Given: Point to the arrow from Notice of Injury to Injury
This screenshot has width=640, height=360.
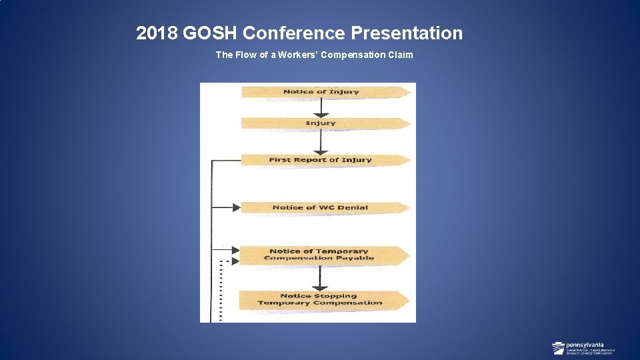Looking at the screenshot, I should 321,107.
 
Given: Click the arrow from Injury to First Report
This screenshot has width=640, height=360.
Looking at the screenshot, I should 321,141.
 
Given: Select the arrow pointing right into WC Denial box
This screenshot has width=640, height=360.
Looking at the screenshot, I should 227,207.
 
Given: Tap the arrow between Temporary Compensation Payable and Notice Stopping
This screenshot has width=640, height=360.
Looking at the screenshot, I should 321,277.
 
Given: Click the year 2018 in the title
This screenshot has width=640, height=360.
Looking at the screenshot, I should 156,33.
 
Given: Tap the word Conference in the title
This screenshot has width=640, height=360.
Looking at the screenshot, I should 294,33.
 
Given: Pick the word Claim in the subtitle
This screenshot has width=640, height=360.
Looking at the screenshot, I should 401,55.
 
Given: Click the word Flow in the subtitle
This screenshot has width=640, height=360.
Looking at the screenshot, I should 243,55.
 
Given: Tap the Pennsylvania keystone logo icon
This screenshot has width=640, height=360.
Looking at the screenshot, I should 559,348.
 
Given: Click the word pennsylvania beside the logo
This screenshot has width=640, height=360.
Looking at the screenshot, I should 581,345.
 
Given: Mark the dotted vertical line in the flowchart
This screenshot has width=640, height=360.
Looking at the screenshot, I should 221,293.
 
